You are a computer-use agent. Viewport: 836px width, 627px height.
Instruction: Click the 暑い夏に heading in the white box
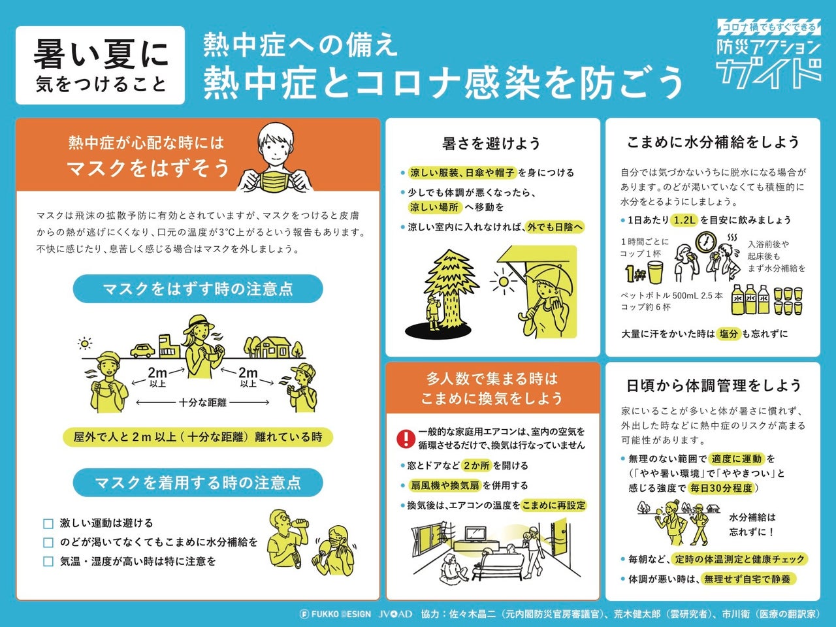coord(101,54)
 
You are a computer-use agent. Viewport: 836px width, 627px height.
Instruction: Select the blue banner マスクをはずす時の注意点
coord(197,289)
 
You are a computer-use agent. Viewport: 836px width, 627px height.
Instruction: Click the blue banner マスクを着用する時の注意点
coord(197,483)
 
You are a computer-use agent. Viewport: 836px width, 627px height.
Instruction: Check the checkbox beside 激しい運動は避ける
coord(48,524)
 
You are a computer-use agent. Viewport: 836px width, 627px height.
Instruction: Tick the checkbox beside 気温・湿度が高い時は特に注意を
coord(48,562)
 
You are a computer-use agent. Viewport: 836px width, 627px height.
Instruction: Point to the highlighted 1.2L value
coord(684,220)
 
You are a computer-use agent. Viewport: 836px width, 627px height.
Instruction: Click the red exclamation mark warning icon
coord(406,438)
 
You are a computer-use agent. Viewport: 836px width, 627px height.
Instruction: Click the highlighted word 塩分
coord(728,334)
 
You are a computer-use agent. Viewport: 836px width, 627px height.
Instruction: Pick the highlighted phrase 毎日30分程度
coord(721,488)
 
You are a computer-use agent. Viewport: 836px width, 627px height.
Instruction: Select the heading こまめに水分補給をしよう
coord(713,142)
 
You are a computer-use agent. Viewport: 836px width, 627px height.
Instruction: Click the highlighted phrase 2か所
coord(475,466)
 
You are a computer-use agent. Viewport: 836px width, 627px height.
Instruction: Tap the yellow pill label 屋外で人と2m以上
coord(197,437)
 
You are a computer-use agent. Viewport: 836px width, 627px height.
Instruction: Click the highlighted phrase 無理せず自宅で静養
coord(747,579)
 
